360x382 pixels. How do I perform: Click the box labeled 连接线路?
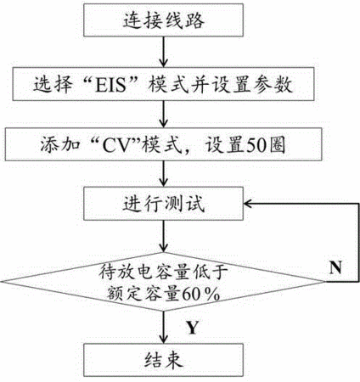point(163,20)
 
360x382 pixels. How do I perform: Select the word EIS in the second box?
point(110,84)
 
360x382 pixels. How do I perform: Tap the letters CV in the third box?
point(114,145)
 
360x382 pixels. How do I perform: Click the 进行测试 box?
point(163,204)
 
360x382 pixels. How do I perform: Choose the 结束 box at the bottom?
point(163,360)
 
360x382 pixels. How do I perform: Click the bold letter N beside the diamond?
point(335,267)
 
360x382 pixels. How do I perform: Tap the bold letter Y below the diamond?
point(193,328)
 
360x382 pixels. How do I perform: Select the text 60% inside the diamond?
point(201,295)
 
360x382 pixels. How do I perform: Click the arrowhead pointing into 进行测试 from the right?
point(247,204)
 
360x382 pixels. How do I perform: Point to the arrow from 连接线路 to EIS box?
point(163,52)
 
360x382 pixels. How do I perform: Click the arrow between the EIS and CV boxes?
point(163,114)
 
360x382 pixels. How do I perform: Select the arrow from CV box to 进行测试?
point(163,174)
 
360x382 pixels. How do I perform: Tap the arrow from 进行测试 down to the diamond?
point(163,236)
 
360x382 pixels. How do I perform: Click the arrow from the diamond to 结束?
point(163,327)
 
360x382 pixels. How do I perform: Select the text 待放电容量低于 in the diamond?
point(163,272)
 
